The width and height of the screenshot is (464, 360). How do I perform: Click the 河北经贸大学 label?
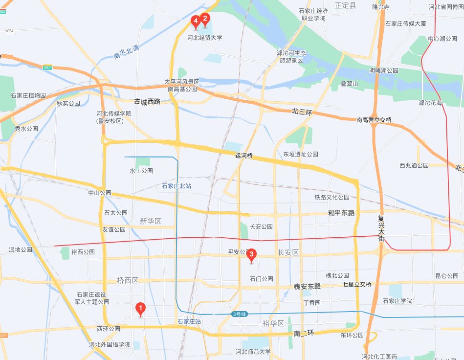point(205,38)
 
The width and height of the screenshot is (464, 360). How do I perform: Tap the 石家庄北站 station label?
point(177,186)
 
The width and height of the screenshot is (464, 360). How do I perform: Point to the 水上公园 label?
point(141,171)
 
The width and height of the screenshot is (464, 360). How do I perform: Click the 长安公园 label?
point(261,227)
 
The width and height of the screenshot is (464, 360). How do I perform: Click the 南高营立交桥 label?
point(374,120)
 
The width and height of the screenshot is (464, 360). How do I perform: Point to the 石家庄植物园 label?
point(28,95)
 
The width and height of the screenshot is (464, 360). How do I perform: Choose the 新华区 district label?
point(151,221)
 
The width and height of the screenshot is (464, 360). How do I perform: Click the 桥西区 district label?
point(128,281)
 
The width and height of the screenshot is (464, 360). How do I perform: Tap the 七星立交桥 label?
point(357,284)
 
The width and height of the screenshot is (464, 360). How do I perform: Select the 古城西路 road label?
point(147,102)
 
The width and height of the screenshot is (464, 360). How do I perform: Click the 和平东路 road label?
point(341,213)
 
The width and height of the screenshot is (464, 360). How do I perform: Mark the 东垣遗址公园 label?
point(301,154)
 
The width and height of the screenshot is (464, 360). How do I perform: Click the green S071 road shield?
point(47,67)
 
